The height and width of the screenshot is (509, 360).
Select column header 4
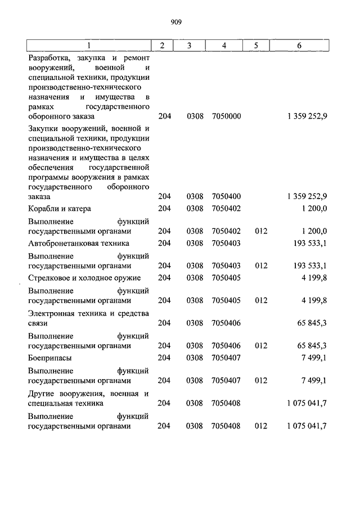click(224, 45)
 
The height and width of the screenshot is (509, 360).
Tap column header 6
click(299, 45)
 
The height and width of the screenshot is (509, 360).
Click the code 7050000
click(226, 116)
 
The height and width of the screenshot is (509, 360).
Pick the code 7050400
click(226, 196)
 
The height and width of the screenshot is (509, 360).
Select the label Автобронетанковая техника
click(78, 243)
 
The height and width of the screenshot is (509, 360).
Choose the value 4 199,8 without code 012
click(314, 278)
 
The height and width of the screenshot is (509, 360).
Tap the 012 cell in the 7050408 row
click(260, 426)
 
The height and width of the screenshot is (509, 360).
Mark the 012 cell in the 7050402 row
click(260, 231)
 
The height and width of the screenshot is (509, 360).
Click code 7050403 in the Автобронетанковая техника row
click(226, 243)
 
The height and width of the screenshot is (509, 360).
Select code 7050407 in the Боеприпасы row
click(226, 357)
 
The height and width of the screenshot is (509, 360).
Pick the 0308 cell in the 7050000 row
click(193, 116)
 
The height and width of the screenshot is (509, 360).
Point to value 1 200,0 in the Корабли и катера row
click(314, 209)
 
